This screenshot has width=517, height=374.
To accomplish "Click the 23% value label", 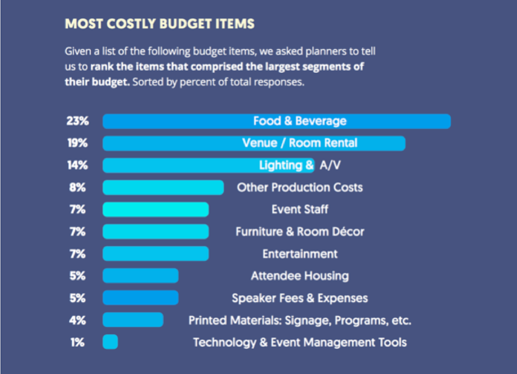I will (77, 121).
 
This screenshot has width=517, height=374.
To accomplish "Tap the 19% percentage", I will (77, 143).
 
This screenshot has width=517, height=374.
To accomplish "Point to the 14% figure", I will (77, 165).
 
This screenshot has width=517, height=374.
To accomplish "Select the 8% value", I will (77, 188).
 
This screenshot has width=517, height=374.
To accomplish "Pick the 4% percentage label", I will (77, 320).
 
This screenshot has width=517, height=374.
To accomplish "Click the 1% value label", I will (77, 342).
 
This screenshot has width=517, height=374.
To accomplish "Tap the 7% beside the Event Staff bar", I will (77, 209).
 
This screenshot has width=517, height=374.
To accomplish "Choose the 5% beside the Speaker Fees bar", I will (77, 298).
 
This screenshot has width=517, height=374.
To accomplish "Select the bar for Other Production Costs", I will (163, 188).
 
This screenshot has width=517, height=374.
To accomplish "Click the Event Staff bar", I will (156, 209).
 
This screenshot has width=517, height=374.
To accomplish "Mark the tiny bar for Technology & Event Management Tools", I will (110, 342).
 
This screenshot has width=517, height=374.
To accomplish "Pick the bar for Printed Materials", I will (133, 320).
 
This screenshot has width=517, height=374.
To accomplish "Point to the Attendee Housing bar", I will (140, 276).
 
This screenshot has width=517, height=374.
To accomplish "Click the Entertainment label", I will (300, 254).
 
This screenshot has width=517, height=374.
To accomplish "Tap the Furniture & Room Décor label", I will (300, 231).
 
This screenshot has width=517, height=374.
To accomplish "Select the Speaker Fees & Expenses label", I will (300, 298).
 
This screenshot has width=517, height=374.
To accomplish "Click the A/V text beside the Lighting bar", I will (331, 165).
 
